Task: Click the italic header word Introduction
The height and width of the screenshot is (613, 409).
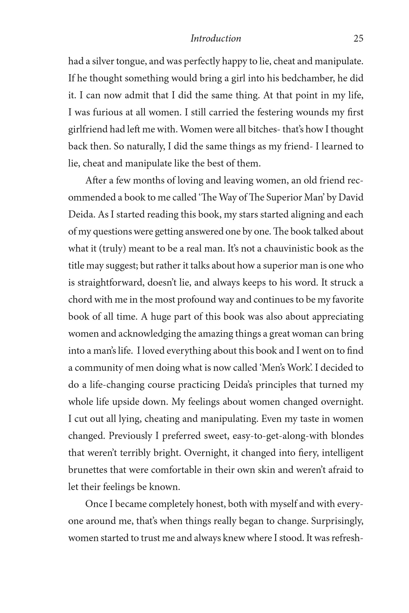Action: point(216,38)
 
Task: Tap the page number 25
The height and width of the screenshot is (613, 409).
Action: point(358,38)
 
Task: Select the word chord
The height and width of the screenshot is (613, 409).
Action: point(80,300)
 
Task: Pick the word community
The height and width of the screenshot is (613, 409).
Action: point(97,368)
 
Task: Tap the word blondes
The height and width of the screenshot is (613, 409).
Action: point(345,436)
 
